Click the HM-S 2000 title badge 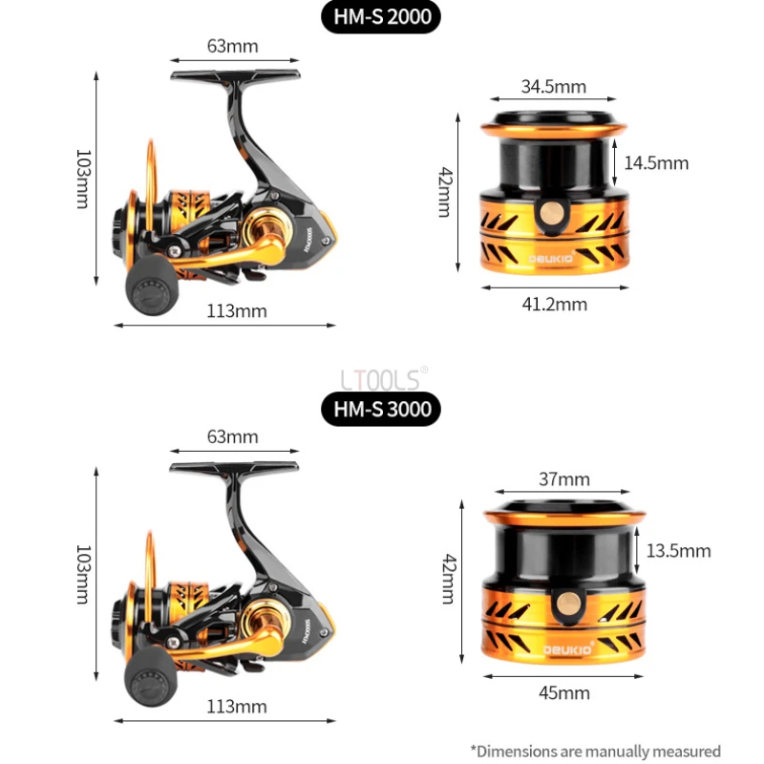(x=381, y=18)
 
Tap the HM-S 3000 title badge (x=382, y=409)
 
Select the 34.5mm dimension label (x=554, y=87)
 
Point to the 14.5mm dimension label (x=656, y=163)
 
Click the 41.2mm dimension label (x=554, y=305)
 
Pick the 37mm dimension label (x=563, y=479)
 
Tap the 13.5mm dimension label (x=678, y=551)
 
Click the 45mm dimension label (x=563, y=691)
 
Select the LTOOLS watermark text (x=381, y=380)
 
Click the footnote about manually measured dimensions (x=595, y=752)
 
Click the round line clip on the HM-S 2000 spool (x=550, y=216)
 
